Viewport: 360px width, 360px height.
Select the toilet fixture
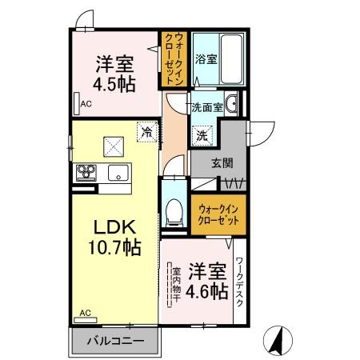tap(172, 210)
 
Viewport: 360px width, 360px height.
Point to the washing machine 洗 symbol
tap(202, 136)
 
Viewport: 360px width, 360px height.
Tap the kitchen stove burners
tap(86, 172)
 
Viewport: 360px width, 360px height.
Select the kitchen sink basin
tap(118, 171)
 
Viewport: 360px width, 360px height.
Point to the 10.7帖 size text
tap(111, 246)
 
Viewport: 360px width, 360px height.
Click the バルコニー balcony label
tap(115, 342)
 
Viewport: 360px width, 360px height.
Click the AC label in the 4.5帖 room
tap(85, 102)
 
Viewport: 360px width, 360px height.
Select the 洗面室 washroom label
tap(206, 106)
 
